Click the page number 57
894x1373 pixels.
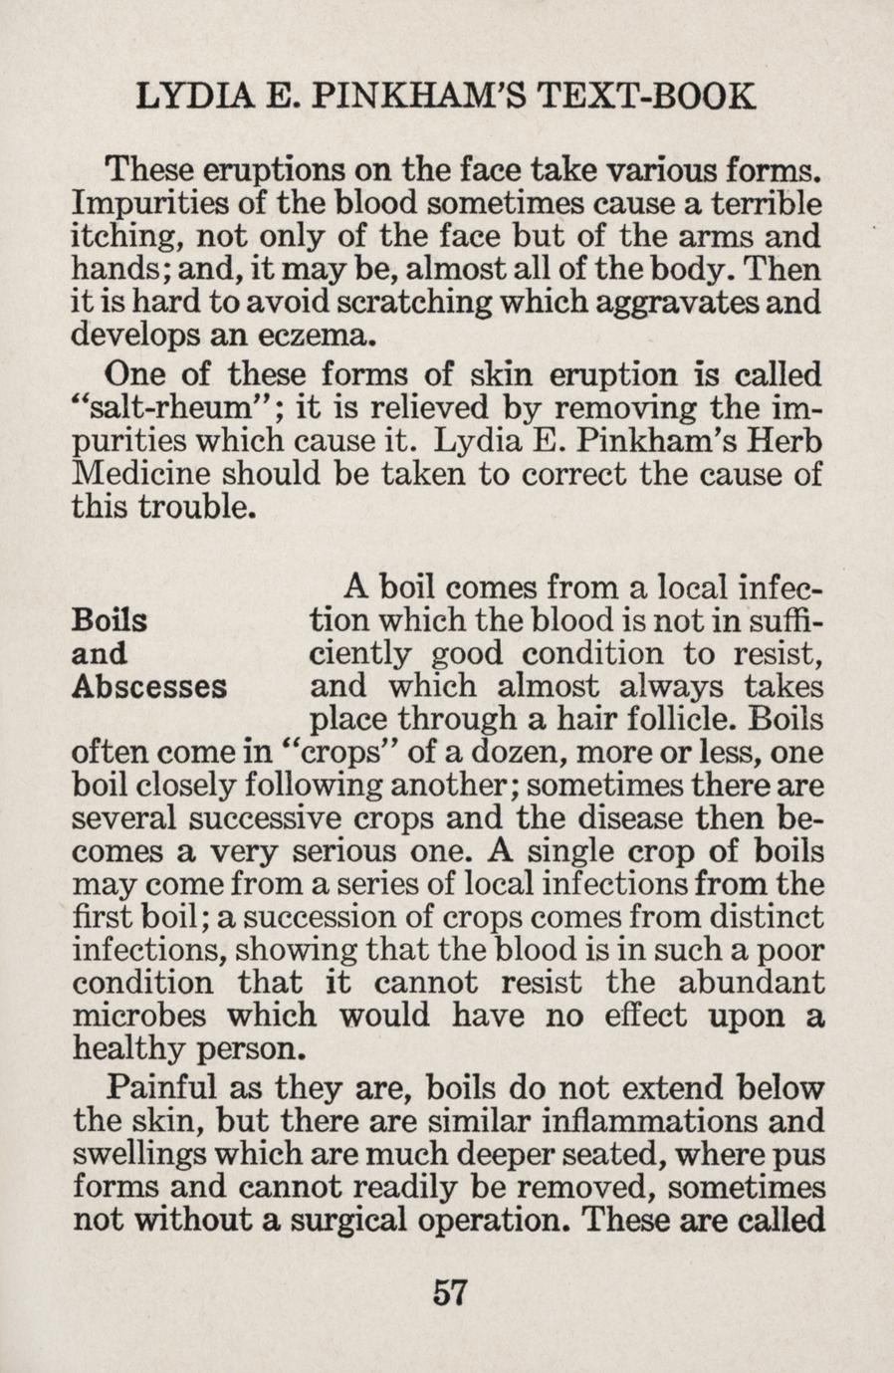click(x=450, y=1292)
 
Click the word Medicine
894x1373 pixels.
click(x=147, y=473)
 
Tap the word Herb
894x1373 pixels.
click(x=787, y=440)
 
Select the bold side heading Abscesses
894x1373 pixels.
click(x=150, y=687)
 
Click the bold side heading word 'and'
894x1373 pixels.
click(x=101, y=654)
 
